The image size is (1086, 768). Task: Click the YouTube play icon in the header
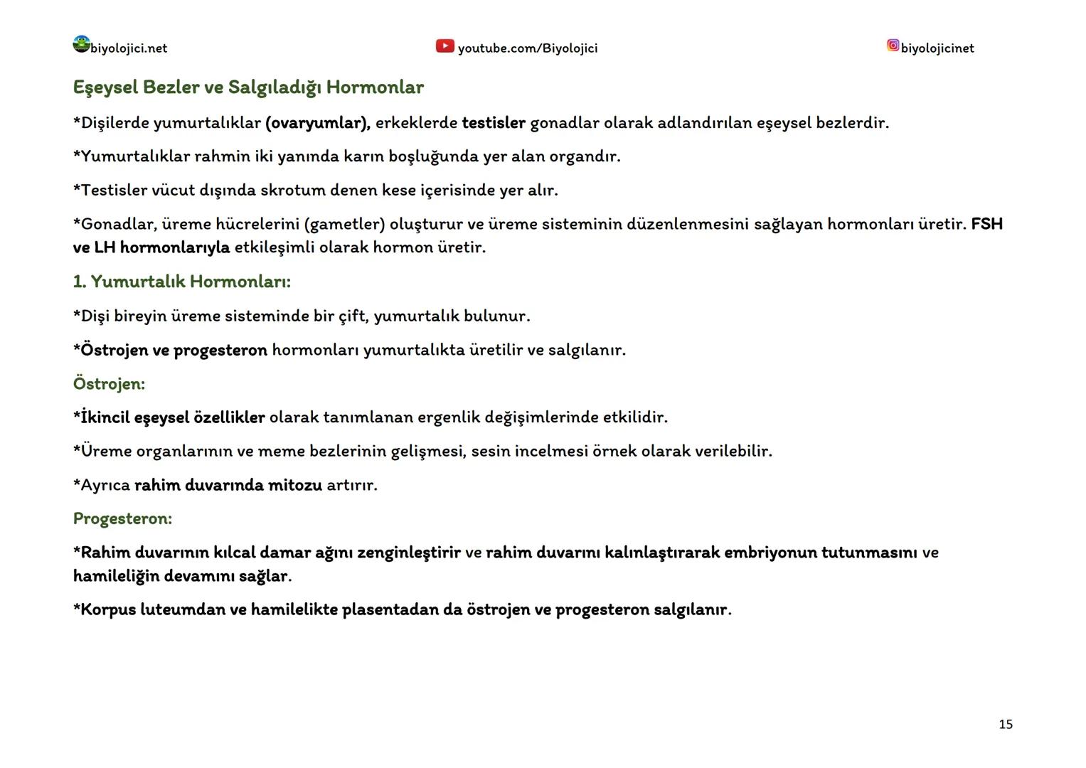point(444,46)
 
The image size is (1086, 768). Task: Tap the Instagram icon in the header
point(893,46)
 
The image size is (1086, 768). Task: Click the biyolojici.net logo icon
point(82,44)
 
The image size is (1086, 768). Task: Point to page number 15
point(1005,724)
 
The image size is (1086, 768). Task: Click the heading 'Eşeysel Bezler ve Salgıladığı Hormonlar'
point(248,87)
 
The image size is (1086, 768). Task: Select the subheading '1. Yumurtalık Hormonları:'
point(181,282)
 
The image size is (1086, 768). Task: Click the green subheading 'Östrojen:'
point(109,384)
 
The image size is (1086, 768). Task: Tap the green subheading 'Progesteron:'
point(122,518)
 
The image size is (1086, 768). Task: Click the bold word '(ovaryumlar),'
point(318,123)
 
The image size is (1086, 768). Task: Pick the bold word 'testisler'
point(494,123)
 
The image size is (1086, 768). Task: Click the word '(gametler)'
point(344,225)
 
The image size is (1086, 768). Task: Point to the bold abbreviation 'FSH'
point(986,225)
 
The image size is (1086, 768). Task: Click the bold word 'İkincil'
point(105,417)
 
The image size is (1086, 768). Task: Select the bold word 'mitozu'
point(294,485)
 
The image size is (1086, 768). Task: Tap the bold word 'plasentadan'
point(390,610)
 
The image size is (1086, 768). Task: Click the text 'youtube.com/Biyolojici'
point(528,48)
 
